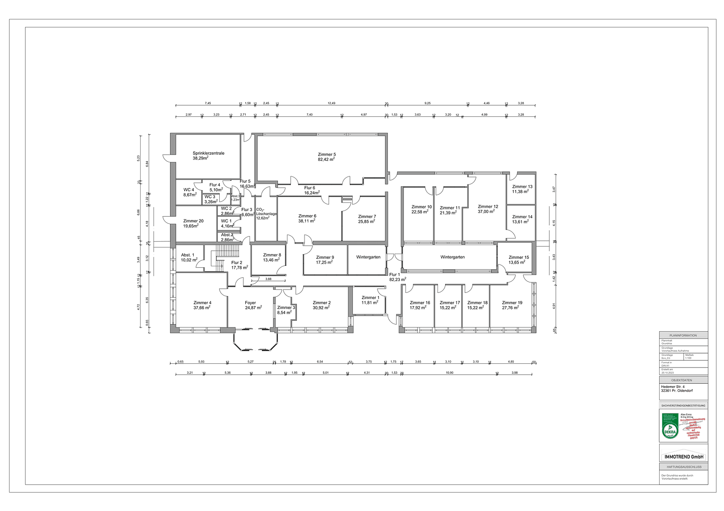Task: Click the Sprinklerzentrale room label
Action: [x=208, y=153]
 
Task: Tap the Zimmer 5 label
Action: [x=327, y=155]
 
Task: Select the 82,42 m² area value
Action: [x=326, y=160]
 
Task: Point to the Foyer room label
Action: [x=250, y=303]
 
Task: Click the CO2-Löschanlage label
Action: [x=266, y=214]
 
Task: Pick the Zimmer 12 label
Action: [x=488, y=207]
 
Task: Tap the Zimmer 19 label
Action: [x=512, y=303]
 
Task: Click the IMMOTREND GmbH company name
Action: [x=683, y=457]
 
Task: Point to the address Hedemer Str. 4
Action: [x=673, y=387]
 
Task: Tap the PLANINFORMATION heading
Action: [x=683, y=335]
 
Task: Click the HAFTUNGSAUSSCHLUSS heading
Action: [x=683, y=467]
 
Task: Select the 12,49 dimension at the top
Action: [x=331, y=103]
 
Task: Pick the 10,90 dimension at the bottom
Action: [x=449, y=373]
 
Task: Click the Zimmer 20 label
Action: [x=193, y=221]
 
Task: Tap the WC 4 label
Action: [x=189, y=190]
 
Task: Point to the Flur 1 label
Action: [x=394, y=274]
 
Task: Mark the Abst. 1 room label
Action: [x=188, y=255]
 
